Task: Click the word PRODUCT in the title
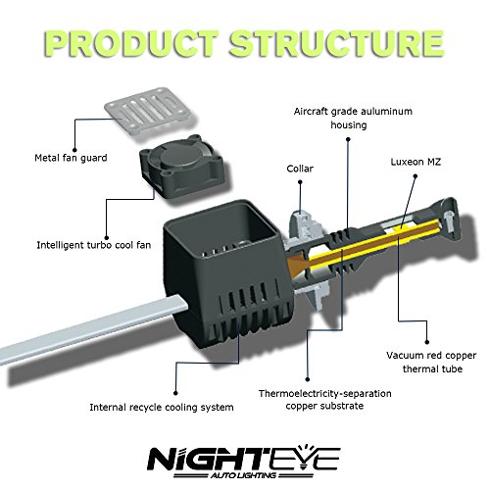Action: [131, 43]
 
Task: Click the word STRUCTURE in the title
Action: [336, 43]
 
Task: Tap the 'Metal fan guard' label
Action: [71, 158]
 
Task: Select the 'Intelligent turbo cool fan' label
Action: [94, 245]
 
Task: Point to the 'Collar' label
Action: [300, 169]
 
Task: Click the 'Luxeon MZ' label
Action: [416, 162]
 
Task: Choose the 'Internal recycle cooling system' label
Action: [162, 408]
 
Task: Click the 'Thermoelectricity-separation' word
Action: [325, 393]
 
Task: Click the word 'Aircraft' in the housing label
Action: [311, 112]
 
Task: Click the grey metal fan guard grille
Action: [147, 110]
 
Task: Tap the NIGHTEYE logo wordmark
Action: [244, 458]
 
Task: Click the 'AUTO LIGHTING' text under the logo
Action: [243, 475]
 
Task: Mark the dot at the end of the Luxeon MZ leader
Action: [416, 176]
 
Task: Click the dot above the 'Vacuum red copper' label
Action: [427, 342]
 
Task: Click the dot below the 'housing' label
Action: [348, 139]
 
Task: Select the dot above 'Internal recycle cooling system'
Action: [175, 393]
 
